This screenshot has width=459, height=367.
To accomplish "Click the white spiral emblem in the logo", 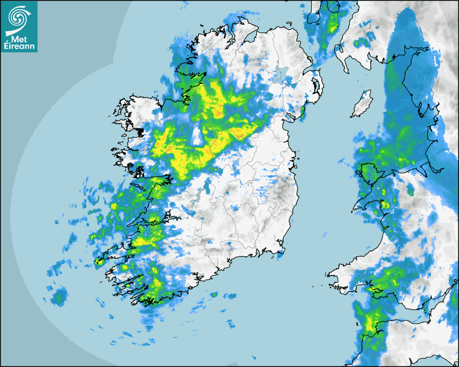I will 18,16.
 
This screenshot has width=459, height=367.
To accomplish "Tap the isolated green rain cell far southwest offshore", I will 59,296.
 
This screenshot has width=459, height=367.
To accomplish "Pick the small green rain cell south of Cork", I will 214,294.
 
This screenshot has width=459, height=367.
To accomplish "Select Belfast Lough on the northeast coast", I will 312,69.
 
